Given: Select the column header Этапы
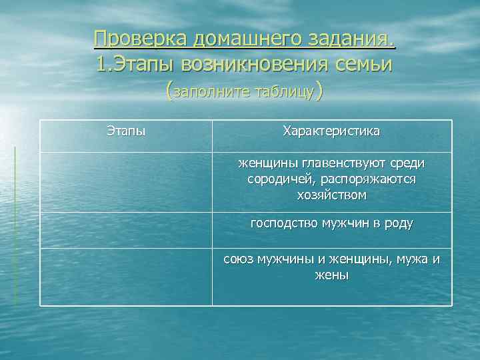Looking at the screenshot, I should (126, 131).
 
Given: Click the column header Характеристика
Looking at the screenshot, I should (331, 131).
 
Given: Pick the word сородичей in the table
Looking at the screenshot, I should (280, 179).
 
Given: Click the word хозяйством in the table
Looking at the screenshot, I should (331, 195).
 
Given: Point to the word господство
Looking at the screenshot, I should (282, 223).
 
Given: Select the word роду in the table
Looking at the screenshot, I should (399, 223).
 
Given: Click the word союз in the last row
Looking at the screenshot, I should (237, 259).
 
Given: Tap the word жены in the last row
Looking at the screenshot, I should (331, 275).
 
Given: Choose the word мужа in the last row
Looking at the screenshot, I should (413, 259).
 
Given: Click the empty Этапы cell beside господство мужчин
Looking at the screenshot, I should (126, 230).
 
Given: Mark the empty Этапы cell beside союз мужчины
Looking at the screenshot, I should (126, 277).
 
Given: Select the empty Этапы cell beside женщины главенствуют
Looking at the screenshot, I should (126, 182).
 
